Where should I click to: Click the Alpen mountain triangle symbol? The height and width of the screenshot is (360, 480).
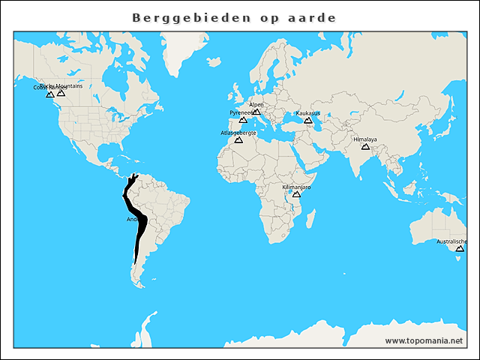click(256, 112)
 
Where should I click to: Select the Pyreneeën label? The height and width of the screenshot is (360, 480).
click(241, 112)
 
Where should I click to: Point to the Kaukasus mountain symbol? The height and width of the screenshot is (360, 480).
click(307, 120)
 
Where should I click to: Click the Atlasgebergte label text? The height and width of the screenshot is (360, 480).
click(238, 133)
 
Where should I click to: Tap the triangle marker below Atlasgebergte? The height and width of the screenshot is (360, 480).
click(238, 140)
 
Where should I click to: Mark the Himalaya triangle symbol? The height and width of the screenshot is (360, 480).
click(365, 147)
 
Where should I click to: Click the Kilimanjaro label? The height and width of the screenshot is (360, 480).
click(296, 187)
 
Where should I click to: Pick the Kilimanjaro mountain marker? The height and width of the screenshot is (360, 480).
click(296, 194)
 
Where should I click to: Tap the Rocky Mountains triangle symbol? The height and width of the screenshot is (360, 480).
click(61, 93)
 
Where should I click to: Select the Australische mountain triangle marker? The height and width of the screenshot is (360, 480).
click(451, 249)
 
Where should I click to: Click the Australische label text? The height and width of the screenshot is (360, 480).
click(451, 241)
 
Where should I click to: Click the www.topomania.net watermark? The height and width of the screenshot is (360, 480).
click(424, 340)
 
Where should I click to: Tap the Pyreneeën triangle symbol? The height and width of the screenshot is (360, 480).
click(242, 120)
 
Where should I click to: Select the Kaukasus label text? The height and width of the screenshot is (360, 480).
click(307, 113)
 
